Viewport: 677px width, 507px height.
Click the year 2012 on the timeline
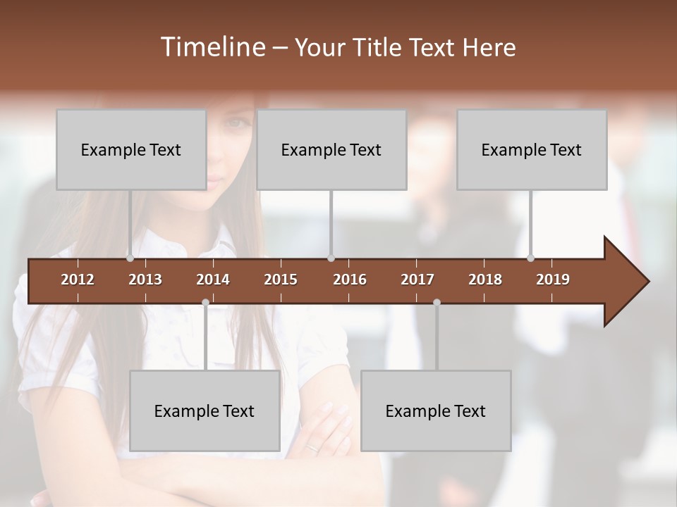click(x=78, y=280)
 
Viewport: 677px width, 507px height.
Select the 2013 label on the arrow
click(x=145, y=280)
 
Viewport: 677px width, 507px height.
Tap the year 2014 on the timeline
click(x=213, y=280)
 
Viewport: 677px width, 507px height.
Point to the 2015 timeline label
click(x=281, y=280)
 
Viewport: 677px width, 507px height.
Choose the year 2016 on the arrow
click(x=350, y=280)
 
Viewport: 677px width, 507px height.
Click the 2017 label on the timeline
click(x=417, y=280)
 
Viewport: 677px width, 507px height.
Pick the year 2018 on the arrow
click(x=485, y=280)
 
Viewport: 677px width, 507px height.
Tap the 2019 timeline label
click(x=553, y=280)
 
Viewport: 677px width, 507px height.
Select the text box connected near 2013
click(x=131, y=149)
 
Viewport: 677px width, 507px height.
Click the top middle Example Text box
click(x=331, y=149)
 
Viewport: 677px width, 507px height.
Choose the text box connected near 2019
click(x=532, y=149)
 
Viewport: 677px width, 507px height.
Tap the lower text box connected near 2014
click(x=205, y=411)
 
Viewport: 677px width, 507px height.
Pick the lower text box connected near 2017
click(x=436, y=411)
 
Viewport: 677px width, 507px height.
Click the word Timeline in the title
click(x=212, y=47)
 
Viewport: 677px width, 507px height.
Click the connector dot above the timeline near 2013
click(x=130, y=258)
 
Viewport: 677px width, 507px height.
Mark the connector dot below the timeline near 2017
click(x=437, y=302)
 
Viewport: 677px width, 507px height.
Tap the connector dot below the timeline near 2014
click(x=205, y=302)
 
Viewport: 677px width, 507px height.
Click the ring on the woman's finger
click(x=312, y=446)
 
